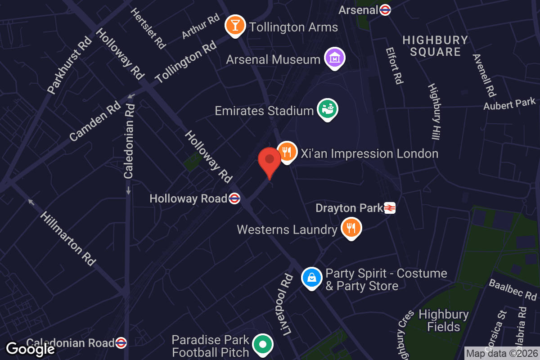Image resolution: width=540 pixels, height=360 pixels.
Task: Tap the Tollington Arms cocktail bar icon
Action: point(235,25)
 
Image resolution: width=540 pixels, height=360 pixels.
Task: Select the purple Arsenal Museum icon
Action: point(335,58)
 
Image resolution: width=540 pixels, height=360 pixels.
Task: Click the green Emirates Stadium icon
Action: point(327,109)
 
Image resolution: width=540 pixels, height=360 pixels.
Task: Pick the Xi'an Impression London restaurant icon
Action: point(286,152)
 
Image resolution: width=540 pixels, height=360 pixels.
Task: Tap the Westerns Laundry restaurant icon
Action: point(351,228)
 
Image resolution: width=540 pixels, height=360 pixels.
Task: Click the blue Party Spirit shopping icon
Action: point(311,278)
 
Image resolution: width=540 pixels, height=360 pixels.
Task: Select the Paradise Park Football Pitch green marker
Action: point(263,345)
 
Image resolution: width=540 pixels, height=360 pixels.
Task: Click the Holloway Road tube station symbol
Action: point(234,198)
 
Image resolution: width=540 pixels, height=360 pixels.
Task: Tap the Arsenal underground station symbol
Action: point(385,9)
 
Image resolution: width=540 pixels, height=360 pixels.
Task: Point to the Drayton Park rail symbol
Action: point(390,208)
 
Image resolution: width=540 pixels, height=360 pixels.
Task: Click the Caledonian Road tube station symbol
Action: point(121,343)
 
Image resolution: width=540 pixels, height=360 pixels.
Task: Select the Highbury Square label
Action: point(435,46)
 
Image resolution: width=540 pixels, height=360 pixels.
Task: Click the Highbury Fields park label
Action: point(443,320)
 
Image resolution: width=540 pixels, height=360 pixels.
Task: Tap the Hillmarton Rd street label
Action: point(67,238)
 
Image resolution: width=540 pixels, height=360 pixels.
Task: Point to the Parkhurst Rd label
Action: point(70,65)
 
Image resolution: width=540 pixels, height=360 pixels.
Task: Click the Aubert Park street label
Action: point(510,104)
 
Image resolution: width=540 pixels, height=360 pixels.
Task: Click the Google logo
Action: point(30,349)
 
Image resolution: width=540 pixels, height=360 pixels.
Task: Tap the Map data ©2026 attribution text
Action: point(501,353)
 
